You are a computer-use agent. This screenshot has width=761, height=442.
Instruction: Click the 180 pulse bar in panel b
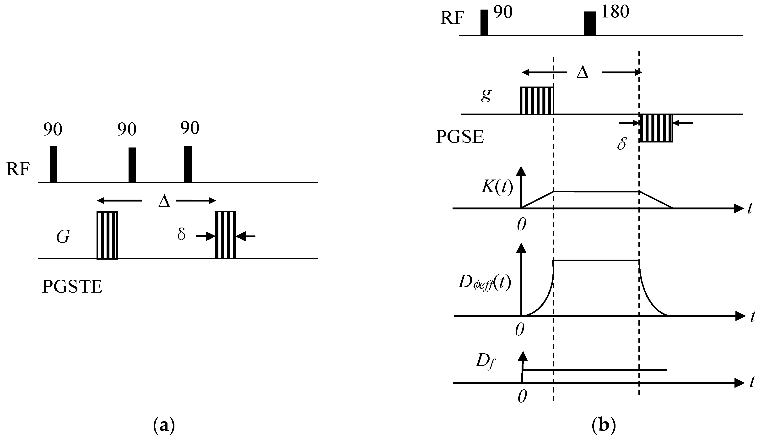[590, 24]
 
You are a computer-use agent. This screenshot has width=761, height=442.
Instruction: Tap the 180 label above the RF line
[615, 12]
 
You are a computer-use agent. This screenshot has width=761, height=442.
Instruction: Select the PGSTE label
[72, 286]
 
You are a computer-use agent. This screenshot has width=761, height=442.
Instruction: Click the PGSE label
[460, 137]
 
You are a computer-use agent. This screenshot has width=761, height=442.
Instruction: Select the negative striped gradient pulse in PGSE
[656, 128]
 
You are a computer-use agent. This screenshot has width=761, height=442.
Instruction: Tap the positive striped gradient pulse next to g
[537, 101]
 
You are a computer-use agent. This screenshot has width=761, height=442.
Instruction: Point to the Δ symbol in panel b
[582, 73]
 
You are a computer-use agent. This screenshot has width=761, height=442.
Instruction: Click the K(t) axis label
[497, 187]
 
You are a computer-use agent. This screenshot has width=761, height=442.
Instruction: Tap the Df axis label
[485, 362]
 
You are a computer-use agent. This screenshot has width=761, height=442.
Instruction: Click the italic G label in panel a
[63, 237]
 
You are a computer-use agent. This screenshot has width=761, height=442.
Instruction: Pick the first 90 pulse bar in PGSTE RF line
[53, 164]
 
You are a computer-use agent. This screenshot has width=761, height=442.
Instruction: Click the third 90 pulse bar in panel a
[188, 164]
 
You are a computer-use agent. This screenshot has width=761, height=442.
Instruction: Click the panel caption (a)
[164, 426]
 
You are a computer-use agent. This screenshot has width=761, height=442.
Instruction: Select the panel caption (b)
[603, 426]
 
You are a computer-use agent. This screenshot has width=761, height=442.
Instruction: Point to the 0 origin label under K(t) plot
[522, 224]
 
